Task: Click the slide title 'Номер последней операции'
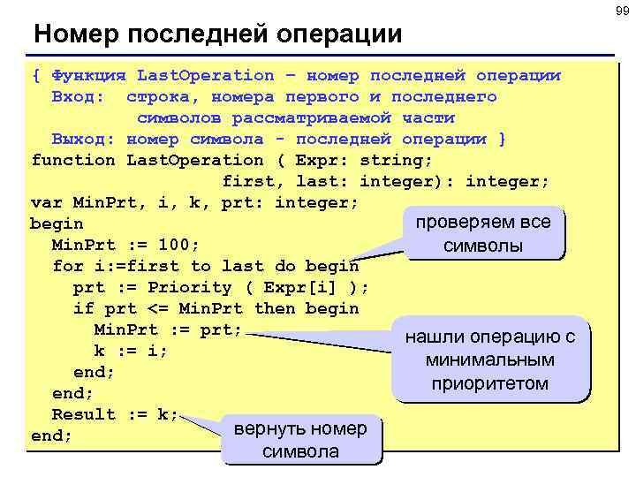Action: (217, 34)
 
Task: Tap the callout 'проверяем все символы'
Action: (483, 232)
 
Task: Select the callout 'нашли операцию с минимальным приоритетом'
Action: (490, 360)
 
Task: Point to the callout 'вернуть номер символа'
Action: (301, 440)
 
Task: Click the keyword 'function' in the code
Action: (72, 160)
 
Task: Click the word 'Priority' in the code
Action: (189, 287)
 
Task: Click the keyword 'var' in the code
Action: (46, 202)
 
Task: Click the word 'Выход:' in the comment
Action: (83, 139)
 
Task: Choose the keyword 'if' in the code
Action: (83, 308)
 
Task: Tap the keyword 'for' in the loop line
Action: (67, 266)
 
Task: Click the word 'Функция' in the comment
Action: (88, 75)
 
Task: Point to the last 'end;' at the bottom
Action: (51, 435)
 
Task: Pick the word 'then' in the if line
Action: (275, 308)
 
